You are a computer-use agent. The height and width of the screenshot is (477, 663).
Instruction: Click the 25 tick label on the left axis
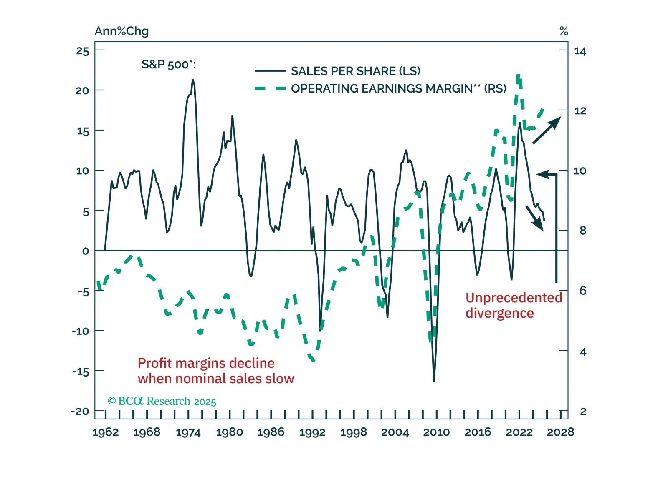click(83, 51)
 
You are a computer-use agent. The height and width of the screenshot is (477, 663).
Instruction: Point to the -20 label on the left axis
click(80, 411)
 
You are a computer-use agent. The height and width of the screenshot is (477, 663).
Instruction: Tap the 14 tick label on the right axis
click(580, 51)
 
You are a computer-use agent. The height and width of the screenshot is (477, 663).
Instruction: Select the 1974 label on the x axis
click(188, 432)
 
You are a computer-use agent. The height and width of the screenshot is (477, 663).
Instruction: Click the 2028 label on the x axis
click(560, 432)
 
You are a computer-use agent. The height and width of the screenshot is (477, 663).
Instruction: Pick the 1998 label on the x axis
click(354, 432)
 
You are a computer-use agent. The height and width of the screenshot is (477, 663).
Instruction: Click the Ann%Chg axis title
click(121, 31)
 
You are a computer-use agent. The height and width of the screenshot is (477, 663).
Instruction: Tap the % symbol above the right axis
click(564, 31)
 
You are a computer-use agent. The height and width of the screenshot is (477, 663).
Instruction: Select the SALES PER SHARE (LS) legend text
click(355, 71)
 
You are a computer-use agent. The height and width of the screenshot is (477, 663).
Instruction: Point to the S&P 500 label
click(168, 65)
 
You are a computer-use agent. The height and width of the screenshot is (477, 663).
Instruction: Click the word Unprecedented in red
click(514, 298)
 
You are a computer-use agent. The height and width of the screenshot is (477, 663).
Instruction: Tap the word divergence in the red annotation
click(499, 313)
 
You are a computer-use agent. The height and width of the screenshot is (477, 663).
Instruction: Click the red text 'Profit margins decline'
click(206, 363)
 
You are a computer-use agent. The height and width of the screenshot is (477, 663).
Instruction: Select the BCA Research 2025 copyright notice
click(162, 401)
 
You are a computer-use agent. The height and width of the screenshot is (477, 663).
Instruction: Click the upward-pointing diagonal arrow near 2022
click(547, 131)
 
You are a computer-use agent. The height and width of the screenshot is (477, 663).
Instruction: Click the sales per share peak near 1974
click(192, 80)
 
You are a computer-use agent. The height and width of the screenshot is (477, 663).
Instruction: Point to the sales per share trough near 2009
click(434, 381)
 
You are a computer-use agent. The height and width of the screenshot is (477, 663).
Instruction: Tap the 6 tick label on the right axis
click(583, 291)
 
